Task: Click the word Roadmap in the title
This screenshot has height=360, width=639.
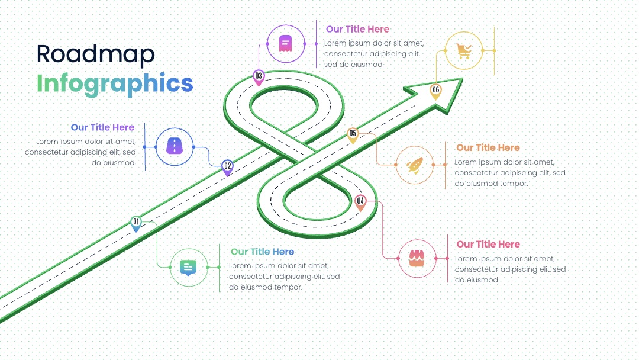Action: point(95,54)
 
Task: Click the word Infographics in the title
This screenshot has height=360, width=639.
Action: point(115,83)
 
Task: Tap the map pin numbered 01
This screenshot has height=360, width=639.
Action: point(136,224)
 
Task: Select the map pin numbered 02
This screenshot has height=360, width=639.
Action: point(227,167)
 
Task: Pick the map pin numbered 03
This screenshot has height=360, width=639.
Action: point(259,78)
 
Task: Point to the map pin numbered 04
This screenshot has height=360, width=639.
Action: point(360,202)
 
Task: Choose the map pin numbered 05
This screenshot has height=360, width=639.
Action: point(353,135)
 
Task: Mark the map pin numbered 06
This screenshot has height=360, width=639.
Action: point(435,91)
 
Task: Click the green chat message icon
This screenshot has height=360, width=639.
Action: point(188,268)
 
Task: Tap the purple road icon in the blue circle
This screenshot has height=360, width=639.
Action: point(175,146)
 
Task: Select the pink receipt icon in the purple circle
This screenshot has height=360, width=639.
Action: point(285,43)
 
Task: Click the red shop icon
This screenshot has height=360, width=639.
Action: point(417,259)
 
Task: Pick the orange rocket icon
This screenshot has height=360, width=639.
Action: point(414,165)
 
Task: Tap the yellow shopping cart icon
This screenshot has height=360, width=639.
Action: point(464,51)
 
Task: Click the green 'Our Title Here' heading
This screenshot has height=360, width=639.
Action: point(263,252)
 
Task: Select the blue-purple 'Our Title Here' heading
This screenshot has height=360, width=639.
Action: point(103,127)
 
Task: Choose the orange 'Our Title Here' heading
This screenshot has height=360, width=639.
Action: point(488,147)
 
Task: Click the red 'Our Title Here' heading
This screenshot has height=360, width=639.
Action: point(488,244)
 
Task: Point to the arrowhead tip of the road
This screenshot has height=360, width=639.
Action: point(462,79)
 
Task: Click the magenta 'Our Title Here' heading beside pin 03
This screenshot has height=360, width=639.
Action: point(358,29)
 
